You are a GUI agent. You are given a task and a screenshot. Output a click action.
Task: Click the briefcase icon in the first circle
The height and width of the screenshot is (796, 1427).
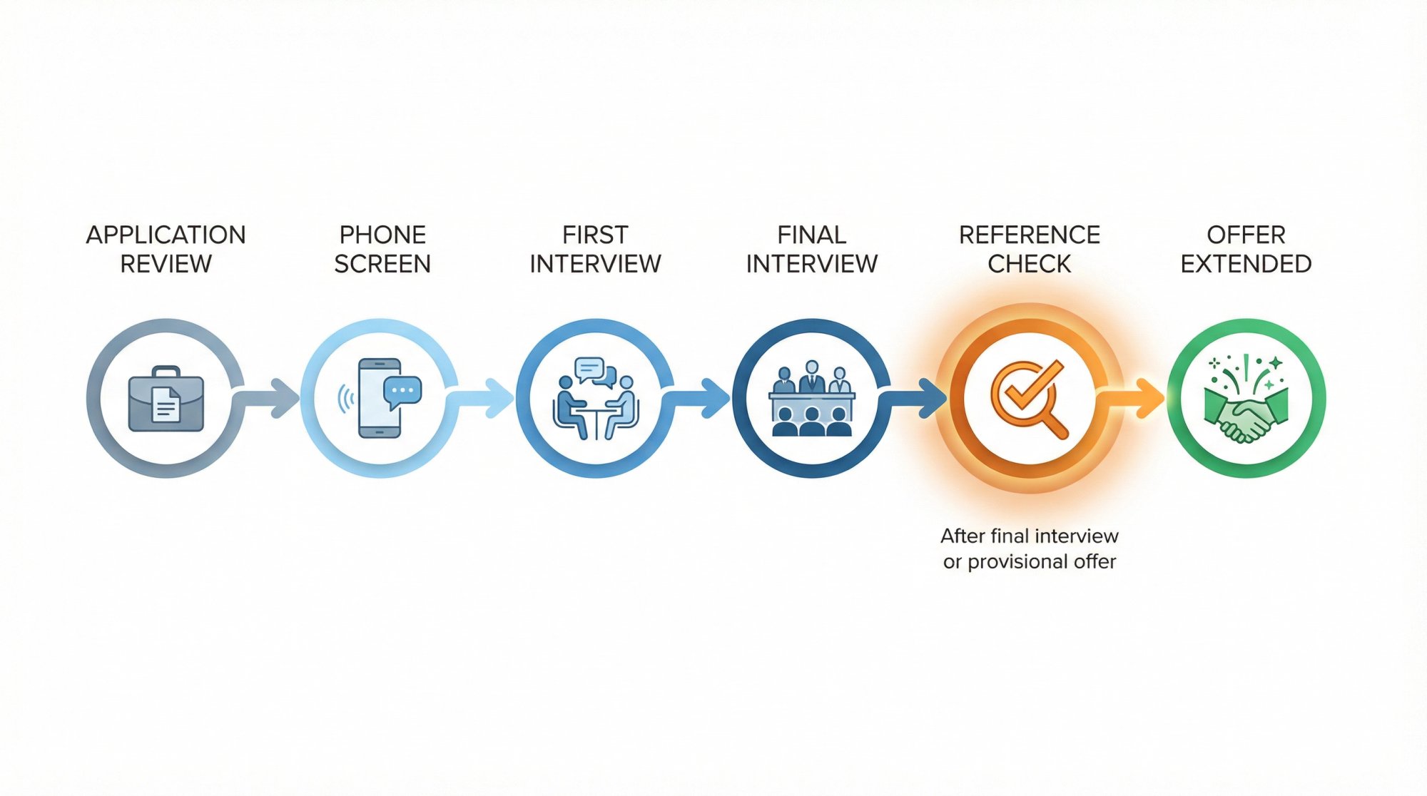point(166,399)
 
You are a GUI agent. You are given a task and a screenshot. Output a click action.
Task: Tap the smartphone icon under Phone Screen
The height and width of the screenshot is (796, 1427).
point(378,399)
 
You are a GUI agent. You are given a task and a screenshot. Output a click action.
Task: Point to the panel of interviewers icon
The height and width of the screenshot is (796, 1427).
point(811,399)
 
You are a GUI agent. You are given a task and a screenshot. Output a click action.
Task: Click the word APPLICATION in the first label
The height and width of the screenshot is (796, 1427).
point(166,235)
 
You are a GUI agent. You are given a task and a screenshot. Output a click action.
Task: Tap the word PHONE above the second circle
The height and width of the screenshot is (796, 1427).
point(382,235)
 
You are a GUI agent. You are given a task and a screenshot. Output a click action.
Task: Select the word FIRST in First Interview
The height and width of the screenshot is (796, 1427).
point(595,235)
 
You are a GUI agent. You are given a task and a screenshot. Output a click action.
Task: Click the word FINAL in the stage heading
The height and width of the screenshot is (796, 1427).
point(811,235)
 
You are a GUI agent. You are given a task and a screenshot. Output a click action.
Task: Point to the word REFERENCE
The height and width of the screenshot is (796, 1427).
point(1029,235)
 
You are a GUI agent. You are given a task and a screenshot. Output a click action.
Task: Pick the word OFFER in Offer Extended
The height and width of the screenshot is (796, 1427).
point(1246,235)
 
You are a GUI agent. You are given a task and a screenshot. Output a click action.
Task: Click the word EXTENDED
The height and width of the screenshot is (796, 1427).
point(1246,264)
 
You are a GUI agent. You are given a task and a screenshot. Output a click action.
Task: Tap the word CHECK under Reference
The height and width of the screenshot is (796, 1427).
point(1029,264)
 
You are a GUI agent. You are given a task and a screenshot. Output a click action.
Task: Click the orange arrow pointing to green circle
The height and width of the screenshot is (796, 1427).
point(1136,398)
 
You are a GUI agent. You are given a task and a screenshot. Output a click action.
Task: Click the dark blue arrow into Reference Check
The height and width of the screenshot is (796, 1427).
point(917,398)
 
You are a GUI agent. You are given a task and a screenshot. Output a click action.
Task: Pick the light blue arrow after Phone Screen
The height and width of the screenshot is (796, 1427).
point(485,398)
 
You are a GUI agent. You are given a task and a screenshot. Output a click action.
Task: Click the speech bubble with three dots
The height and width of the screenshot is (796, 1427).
point(402,391)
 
